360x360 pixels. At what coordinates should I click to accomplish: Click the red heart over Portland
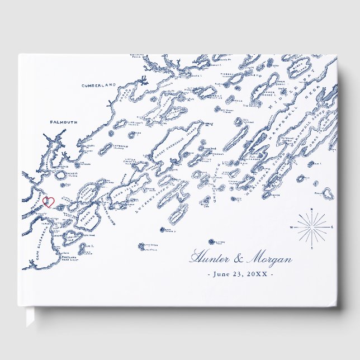pos(49,202)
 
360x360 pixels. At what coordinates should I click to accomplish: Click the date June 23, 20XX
pos(240,274)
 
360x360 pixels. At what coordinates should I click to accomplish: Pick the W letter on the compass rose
pos(291,228)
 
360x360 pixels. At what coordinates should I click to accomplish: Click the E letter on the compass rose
pos(333,227)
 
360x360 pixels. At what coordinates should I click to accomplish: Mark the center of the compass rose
pos(312,227)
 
